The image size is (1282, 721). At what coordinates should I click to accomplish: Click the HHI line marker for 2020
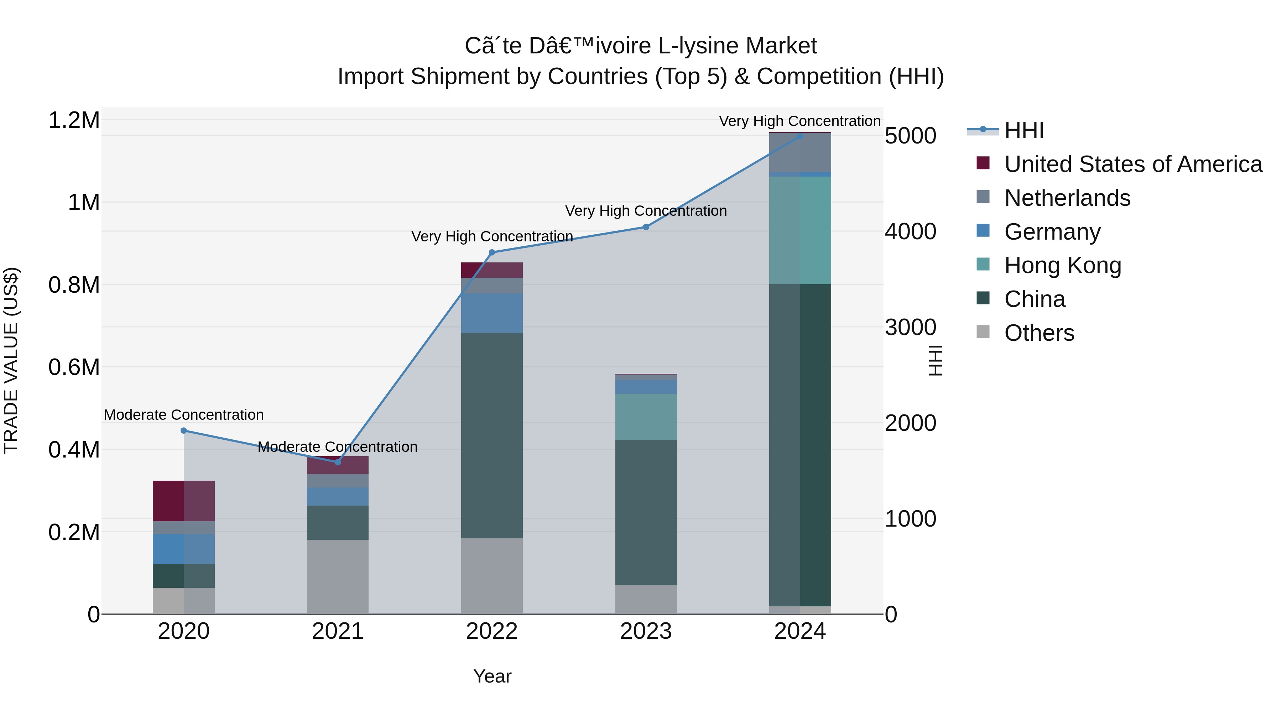pyautogui.click(x=184, y=430)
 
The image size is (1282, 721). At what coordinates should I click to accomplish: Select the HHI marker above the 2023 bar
pyautogui.click(x=646, y=227)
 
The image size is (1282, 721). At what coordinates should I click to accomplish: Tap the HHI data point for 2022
pyautogui.click(x=492, y=252)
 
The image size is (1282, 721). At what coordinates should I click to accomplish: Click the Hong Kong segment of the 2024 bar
pyautogui.click(x=800, y=230)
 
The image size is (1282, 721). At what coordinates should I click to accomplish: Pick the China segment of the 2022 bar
pyautogui.click(x=492, y=435)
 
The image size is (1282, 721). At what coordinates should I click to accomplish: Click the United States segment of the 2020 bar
pyautogui.click(x=184, y=501)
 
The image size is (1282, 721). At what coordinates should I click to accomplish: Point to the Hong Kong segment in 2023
pyautogui.click(x=646, y=417)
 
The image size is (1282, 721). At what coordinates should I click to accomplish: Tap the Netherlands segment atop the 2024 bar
pyautogui.click(x=800, y=152)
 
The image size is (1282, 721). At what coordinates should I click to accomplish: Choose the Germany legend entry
pyautogui.click(x=1052, y=232)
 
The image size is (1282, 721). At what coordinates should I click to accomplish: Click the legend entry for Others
pyautogui.click(x=1039, y=333)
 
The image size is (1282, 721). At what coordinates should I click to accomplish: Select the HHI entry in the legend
pyautogui.click(x=1024, y=130)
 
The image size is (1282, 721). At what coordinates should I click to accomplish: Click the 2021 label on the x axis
pyautogui.click(x=338, y=631)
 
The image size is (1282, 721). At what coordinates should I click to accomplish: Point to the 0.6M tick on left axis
pyautogui.click(x=74, y=367)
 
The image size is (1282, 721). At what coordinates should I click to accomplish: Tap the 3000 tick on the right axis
pyautogui.click(x=910, y=328)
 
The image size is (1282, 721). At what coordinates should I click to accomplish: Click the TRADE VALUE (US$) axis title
pyautogui.click(x=11, y=360)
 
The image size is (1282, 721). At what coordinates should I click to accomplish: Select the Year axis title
pyautogui.click(x=492, y=676)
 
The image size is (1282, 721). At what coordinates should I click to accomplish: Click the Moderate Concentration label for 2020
pyautogui.click(x=184, y=414)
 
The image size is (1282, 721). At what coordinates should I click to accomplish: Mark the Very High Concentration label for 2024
pyautogui.click(x=800, y=121)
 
